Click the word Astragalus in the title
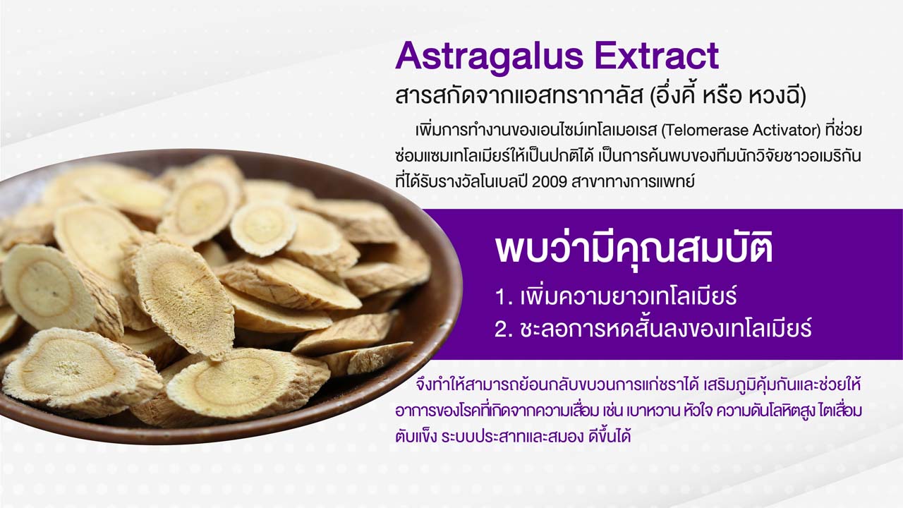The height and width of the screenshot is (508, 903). coord(490,57)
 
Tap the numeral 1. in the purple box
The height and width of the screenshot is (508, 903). coord(504,297)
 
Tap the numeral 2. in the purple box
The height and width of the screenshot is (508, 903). coord(504,329)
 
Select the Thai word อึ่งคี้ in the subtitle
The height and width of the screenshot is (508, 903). coord(673,96)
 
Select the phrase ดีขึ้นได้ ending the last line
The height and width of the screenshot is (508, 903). coord(610,435)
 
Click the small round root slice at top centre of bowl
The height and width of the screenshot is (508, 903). coord(263,229)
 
